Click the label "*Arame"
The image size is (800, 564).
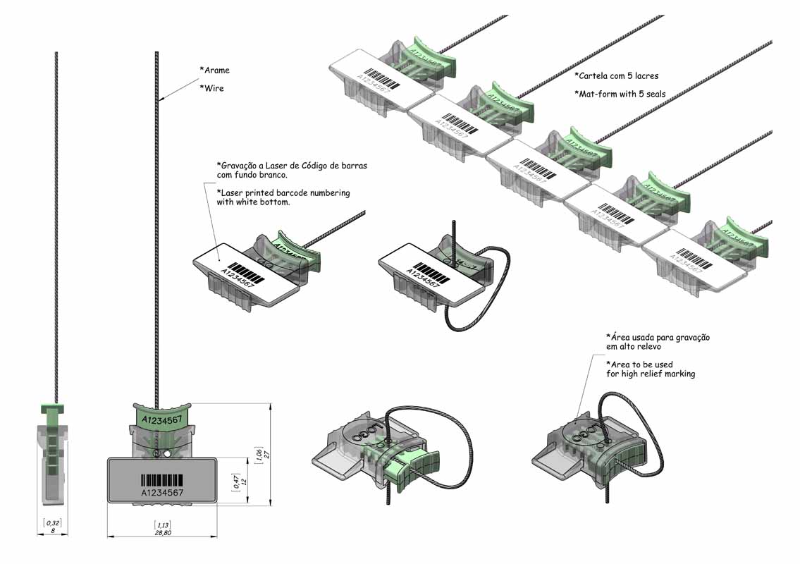tap(215, 70)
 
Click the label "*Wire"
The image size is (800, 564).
tap(212, 88)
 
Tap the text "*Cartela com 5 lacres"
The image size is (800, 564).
tap(617, 75)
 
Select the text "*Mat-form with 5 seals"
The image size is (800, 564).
tap(620, 94)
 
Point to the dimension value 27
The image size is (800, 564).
tap(268, 454)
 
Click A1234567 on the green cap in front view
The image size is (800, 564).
tap(163, 420)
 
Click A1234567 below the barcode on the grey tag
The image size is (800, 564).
tap(162, 492)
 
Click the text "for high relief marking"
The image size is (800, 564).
tap(651, 374)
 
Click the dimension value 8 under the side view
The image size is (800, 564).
tap(52, 531)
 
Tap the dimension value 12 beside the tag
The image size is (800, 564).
tap(244, 482)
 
